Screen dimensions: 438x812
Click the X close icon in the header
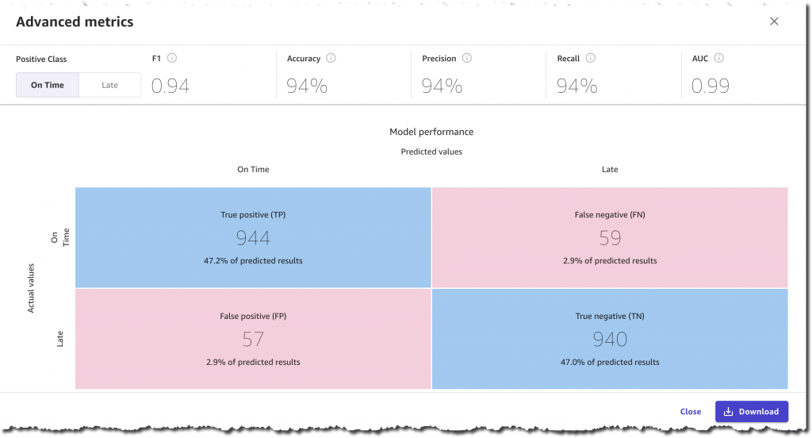[x=774, y=21]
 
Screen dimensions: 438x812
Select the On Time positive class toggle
[x=48, y=85]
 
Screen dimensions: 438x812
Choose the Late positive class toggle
[x=109, y=85]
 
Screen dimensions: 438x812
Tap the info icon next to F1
[x=172, y=58]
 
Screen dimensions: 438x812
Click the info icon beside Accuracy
[x=331, y=58]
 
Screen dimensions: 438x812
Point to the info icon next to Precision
[x=467, y=58]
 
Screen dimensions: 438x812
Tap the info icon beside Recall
[x=591, y=58]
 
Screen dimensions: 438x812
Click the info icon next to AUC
[x=718, y=58]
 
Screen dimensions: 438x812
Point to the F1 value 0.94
[x=170, y=86]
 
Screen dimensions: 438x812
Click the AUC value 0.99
[x=710, y=86]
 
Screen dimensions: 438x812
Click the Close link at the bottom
[x=690, y=412]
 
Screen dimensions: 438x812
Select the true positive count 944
[x=253, y=237]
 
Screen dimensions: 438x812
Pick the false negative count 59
[x=609, y=237]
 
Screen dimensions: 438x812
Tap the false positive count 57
[x=253, y=340]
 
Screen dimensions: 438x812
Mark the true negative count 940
[x=610, y=340]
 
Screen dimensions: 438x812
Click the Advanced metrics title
[x=75, y=22]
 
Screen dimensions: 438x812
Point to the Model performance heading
[x=431, y=132]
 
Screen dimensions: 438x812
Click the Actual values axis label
[x=32, y=288]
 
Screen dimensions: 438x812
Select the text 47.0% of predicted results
[x=610, y=363]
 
